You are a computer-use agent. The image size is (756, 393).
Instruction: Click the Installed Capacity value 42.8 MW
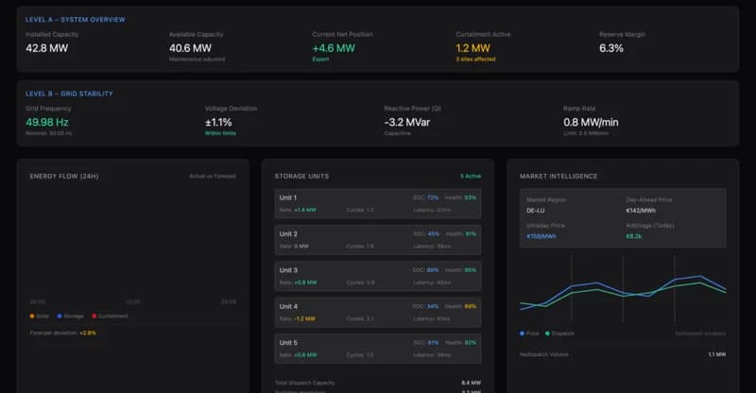click(x=46, y=47)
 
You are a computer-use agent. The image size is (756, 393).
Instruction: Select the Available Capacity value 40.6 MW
click(x=190, y=47)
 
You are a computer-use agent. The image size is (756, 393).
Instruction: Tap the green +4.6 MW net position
click(x=334, y=47)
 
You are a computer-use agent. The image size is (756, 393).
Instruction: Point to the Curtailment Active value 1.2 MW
click(x=472, y=47)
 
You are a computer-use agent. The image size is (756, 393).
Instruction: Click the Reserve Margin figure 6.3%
click(x=611, y=47)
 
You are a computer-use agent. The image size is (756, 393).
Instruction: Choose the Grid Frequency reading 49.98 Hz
click(x=46, y=122)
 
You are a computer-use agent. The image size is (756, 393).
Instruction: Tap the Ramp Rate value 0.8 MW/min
click(x=591, y=122)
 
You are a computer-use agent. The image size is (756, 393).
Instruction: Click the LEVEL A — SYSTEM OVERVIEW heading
click(x=75, y=19)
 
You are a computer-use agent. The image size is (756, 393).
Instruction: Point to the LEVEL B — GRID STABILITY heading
click(x=69, y=94)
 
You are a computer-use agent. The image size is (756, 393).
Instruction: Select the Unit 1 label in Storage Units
click(x=288, y=197)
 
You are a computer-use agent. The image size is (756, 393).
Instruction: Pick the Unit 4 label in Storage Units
click(x=288, y=306)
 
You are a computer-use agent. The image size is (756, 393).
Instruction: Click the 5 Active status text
click(x=471, y=176)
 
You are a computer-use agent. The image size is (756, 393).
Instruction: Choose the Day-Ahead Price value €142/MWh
click(x=643, y=211)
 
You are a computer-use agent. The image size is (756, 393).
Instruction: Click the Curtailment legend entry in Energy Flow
click(x=112, y=316)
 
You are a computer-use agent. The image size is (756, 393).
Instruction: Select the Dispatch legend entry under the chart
click(x=562, y=333)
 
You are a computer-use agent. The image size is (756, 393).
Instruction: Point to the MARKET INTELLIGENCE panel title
click(x=558, y=176)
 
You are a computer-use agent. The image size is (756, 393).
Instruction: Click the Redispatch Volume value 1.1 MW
click(x=716, y=354)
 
